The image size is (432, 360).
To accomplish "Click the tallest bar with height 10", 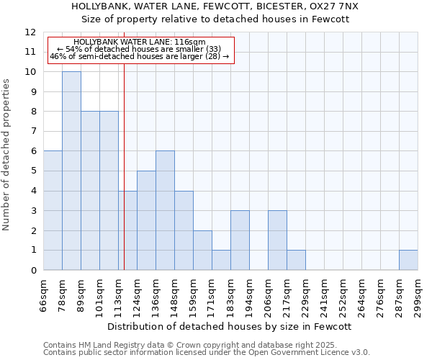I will pyautogui.click(x=71, y=171).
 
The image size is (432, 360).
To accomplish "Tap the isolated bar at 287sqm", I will pyautogui.click(x=408, y=260).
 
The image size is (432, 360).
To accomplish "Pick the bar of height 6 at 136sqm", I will pyautogui.click(x=165, y=210).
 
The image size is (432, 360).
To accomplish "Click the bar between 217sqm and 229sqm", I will pyautogui.click(x=296, y=260).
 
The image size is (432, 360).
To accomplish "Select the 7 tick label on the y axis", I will pyautogui.click(x=32, y=132).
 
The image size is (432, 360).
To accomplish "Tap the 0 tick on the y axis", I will pyautogui.click(x=32, y=270).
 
